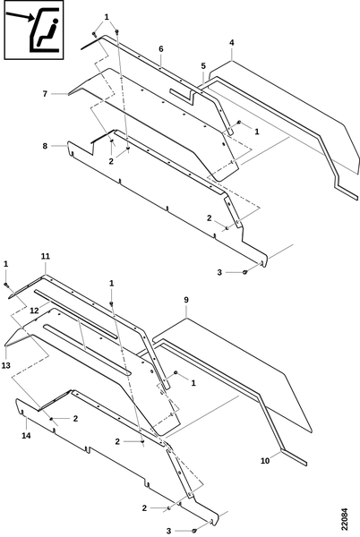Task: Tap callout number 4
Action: pos(232,43)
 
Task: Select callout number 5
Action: pos(203,65)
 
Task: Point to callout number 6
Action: pos(161,49)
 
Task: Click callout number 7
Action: pos(45,93)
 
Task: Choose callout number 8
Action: pos(45,146)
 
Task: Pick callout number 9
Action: pos(186,300)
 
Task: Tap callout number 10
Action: pos(265,461)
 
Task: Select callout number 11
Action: pos(45,256)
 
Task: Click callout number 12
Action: pos(34,311)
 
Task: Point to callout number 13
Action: pos(6,365)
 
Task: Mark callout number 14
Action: pos(26,436)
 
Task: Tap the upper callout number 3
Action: pos(219,272)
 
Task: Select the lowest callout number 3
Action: pos(168,531)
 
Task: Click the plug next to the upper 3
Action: pos(244,272)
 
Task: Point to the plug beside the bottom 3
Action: pos(193,531)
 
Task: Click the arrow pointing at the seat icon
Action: pos(21,16)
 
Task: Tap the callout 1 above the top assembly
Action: pos(107,17)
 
